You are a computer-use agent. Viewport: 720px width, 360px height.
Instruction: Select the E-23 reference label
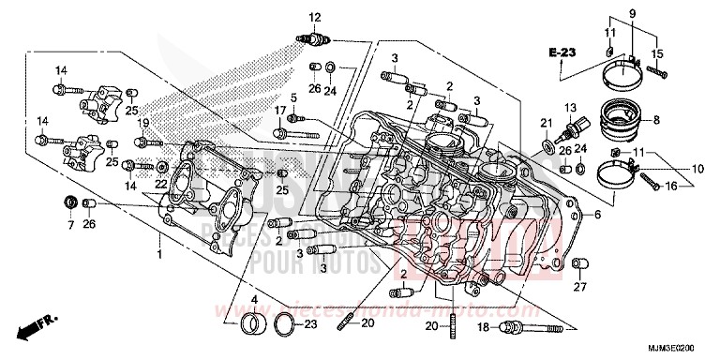point(562,50)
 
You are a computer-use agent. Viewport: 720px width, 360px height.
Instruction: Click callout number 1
point(159,254)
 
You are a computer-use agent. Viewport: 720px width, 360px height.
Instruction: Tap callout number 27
point(580,286)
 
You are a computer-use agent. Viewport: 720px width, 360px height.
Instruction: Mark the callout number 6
point(595,215)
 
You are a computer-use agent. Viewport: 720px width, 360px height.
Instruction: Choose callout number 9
point(631,13)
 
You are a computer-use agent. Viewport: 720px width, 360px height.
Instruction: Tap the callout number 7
point(69,226)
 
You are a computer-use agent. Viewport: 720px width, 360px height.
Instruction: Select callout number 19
point(143,123)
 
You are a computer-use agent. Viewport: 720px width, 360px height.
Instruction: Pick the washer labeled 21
point(547,146)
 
